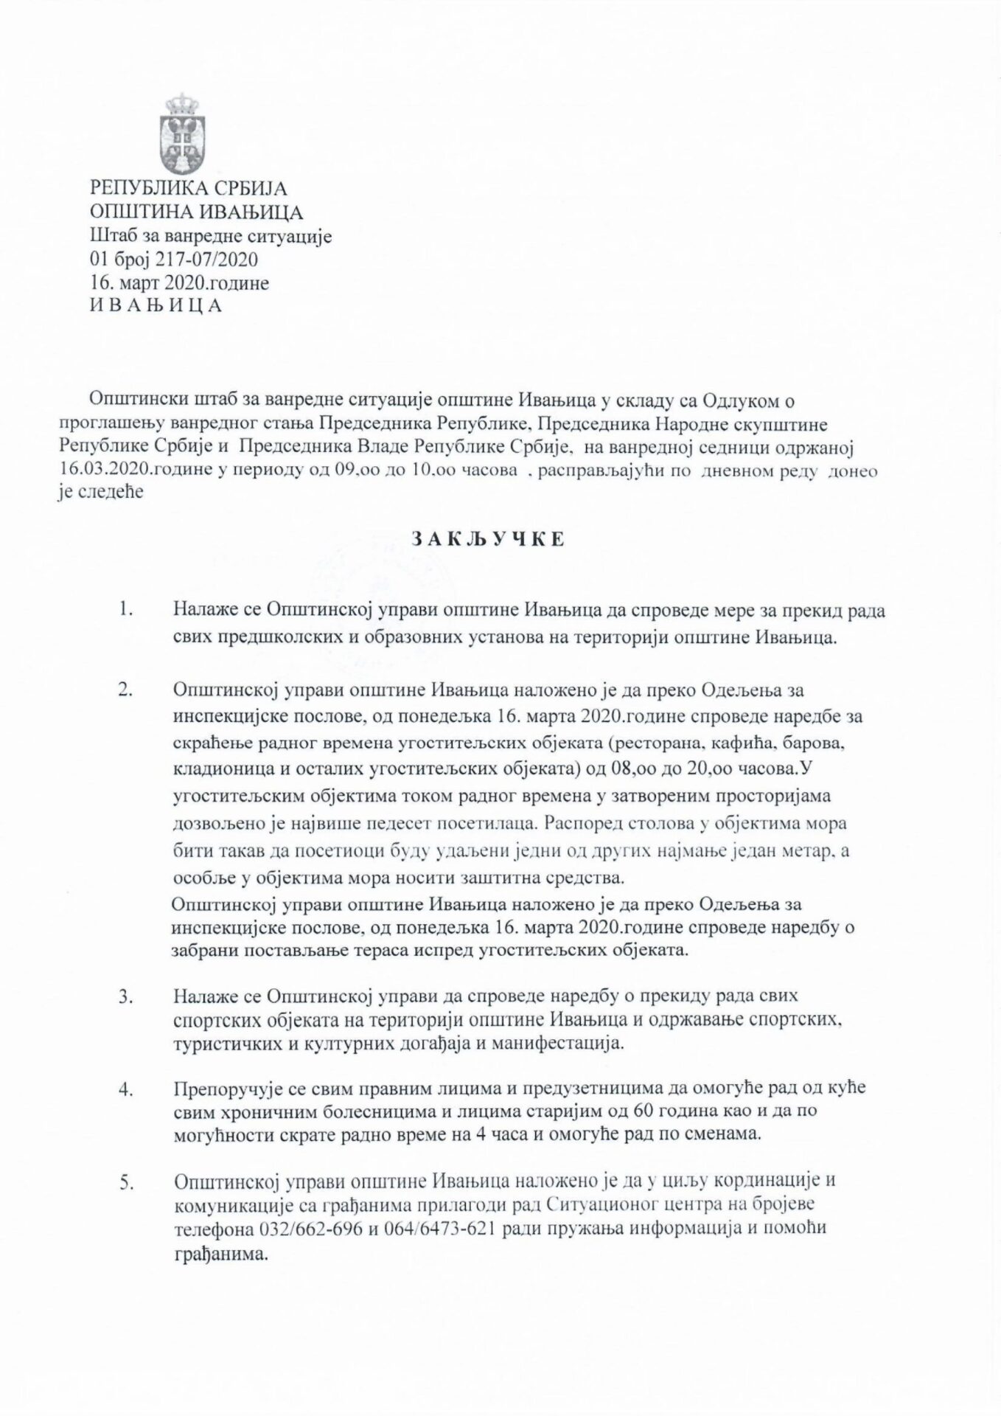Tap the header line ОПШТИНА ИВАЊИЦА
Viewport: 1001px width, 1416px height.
pyautogui.click(x=196, y=213)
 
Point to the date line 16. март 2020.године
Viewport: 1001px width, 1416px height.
pyautogui.click(x=179, y=282)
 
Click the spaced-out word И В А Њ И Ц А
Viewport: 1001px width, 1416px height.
pyautogui.click(x=156, y=305)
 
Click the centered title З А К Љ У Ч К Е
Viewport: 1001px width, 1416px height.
pyautogui.click(x=484, y=540)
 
